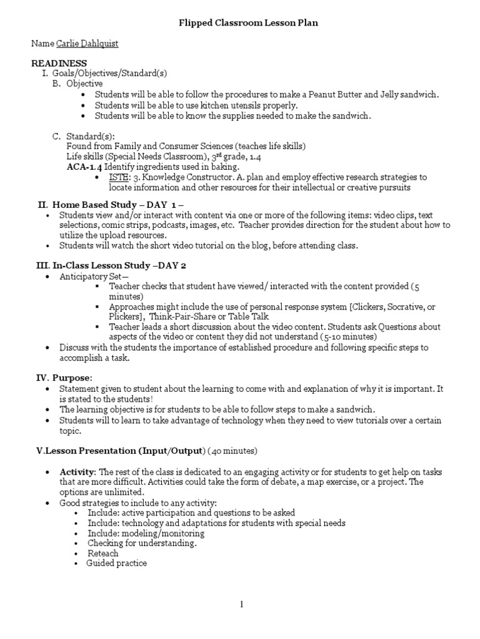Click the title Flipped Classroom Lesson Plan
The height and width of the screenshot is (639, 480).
[x=241, y=23]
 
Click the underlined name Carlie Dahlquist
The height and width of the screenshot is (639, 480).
[x=87, y=44]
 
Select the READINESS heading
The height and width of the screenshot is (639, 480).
[x=59, y=64]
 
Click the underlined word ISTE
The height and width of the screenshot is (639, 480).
[x=119, y=178]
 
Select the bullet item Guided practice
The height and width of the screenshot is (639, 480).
[x=117, y=563]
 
